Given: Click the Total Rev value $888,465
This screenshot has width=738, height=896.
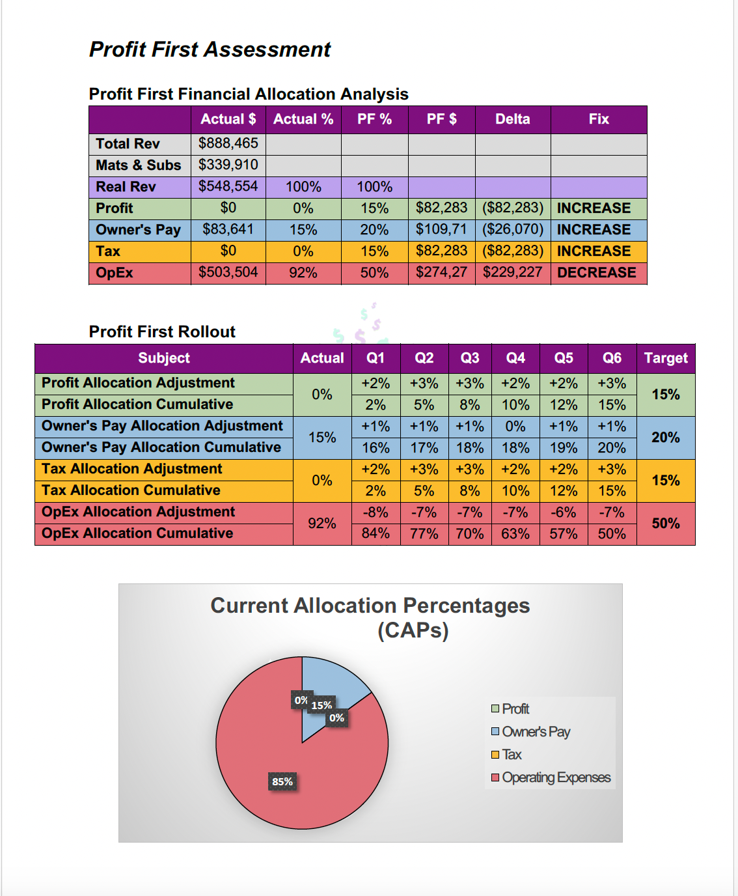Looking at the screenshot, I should [228, 143].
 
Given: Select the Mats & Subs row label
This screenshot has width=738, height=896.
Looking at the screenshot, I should [138, 165].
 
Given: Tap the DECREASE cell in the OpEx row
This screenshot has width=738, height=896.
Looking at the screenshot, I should [597, 273].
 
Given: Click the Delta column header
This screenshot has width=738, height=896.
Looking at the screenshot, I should [512, 119].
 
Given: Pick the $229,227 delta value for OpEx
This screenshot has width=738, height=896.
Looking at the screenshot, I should [512, 272].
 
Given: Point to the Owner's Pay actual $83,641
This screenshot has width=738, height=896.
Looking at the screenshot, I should [228, 229].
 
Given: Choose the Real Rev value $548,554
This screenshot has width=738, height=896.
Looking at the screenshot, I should [228, 186].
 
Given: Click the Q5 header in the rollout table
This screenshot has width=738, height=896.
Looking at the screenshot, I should [564, 358].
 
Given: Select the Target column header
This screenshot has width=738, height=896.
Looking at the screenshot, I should [665, 358].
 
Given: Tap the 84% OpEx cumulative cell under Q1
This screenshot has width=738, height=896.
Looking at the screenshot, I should [376, 534].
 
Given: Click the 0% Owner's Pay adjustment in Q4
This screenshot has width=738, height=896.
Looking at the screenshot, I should [515, 427].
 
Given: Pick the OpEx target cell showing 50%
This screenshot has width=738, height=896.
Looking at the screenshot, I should [665, 524].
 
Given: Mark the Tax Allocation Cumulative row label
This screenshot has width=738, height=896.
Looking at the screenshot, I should [131, 490].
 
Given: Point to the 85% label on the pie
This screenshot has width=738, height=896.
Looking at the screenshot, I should [282, 781].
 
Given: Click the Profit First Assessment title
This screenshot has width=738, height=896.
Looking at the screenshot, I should [210, 49].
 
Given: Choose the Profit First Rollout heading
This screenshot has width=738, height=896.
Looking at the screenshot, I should [162, 331].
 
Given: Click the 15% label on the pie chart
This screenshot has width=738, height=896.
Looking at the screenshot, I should [321, 705].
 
